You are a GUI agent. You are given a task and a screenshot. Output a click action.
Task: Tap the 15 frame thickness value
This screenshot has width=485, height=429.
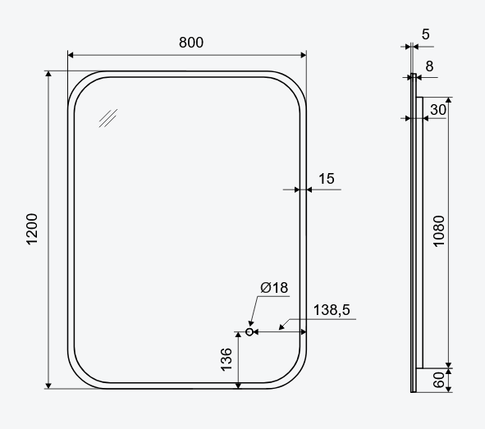326,178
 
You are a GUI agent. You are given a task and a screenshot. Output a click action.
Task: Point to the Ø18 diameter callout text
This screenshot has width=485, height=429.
274,287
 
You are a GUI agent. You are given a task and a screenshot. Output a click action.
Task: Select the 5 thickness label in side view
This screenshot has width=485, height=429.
425,34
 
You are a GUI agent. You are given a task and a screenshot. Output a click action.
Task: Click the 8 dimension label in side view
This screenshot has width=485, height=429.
429,66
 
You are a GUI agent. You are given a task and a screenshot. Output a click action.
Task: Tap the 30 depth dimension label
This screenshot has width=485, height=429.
438,109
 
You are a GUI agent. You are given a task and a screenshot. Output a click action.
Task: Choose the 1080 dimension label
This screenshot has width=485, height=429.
438,232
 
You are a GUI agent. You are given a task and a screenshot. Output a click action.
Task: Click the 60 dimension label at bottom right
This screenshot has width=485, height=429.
438,379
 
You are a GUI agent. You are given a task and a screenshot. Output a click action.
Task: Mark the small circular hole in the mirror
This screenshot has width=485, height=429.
249,332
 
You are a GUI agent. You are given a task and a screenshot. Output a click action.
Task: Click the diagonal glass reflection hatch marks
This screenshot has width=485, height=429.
108,118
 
